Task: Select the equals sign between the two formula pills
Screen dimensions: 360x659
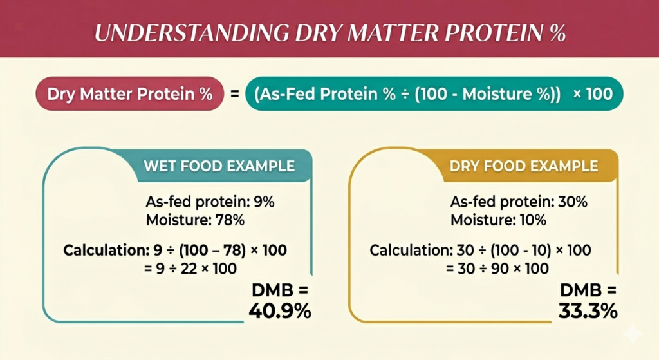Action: coord(234,94)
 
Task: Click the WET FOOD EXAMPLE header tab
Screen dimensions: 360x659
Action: coord(219,166)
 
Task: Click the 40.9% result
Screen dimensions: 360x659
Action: coord(280,312)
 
